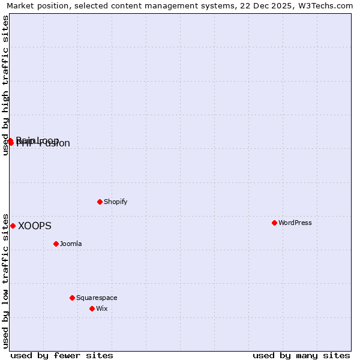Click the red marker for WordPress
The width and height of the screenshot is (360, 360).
274,223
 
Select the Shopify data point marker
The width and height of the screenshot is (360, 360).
100,202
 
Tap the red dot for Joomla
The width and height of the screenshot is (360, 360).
56,244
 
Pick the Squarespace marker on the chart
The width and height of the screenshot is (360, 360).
72,298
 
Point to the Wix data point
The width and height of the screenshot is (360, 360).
92,308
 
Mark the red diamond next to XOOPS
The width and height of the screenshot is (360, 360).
13,226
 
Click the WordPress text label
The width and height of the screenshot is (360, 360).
295,223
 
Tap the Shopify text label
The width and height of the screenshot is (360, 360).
116,202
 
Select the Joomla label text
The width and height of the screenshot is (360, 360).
71,244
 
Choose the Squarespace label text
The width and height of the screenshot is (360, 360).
97,298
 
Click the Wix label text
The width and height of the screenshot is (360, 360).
102,308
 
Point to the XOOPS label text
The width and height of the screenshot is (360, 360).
35,226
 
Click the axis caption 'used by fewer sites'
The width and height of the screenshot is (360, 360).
62,355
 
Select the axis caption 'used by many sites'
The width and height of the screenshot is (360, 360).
301,355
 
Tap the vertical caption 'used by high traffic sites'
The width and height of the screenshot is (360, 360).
5,85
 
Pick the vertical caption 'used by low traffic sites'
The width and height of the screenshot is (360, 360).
5,280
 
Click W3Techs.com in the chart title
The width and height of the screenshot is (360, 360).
325,5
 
